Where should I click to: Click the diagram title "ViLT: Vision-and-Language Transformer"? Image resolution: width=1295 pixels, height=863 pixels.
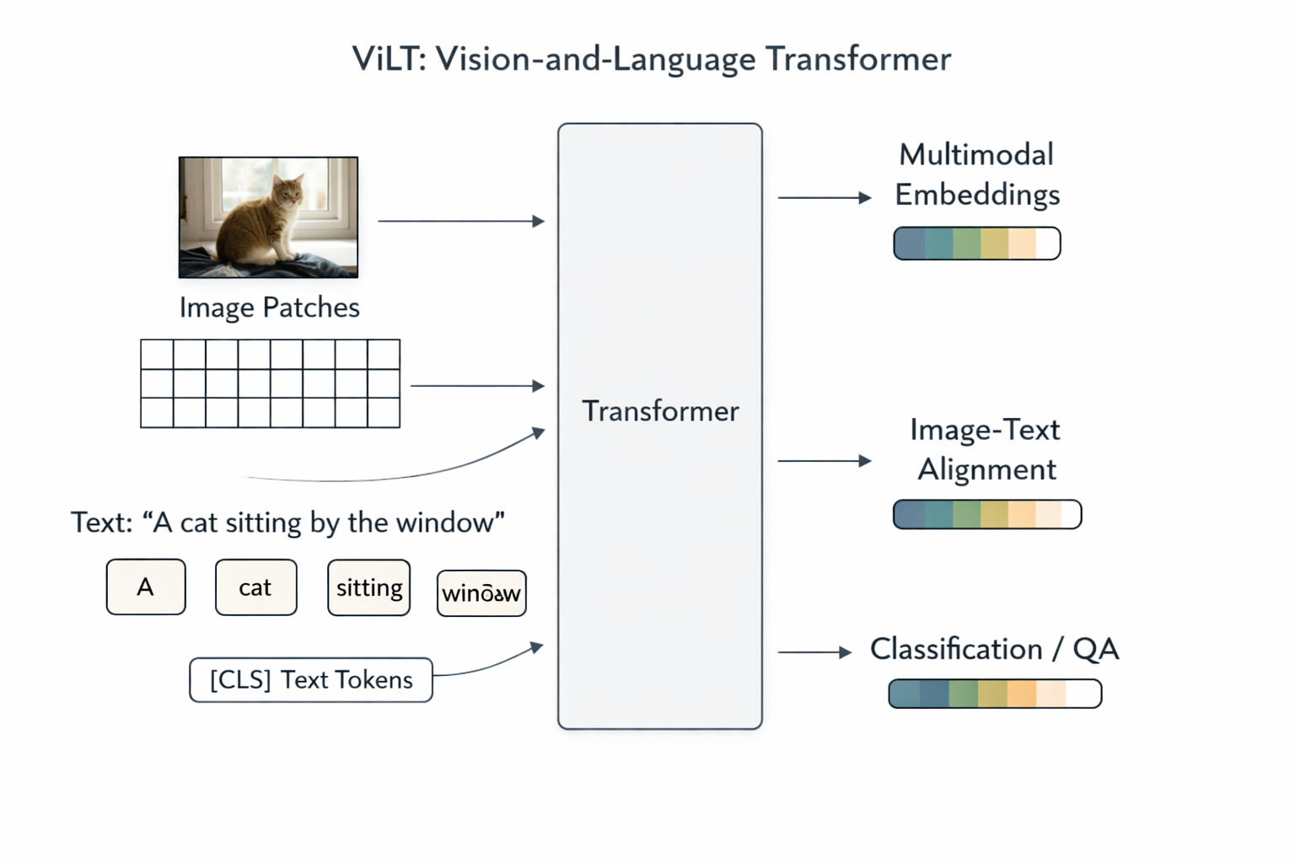point(651,59)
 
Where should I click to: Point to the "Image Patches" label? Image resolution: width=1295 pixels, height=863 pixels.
point(269,308)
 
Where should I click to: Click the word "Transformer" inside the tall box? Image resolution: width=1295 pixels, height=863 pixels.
point(660,411)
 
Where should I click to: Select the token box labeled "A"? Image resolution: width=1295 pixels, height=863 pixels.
point(146,587)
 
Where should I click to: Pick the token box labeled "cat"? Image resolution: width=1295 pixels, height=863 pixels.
point(255,587)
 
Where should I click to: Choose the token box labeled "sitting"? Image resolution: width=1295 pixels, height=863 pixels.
point(368,587)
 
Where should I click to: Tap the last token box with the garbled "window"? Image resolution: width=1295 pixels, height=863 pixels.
point(481,593)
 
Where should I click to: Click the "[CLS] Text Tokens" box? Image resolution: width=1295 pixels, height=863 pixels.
point(311,680)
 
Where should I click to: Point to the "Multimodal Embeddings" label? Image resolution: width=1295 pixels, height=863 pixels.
point(976,174)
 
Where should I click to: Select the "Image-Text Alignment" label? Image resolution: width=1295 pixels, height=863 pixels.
point(986,449)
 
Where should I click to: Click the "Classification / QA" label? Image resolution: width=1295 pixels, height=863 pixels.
point(994,649)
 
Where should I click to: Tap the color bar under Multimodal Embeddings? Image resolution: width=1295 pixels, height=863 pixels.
point(976,244)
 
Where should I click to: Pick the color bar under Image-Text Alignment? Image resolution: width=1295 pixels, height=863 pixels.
point(986,514)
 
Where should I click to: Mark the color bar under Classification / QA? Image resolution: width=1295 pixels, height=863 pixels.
point(995,694)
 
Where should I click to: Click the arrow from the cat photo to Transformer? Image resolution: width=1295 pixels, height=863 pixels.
point(461,221)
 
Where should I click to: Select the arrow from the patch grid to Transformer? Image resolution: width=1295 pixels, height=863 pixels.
point(477,386)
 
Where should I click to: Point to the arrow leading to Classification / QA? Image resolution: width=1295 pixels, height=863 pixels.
point(814,652)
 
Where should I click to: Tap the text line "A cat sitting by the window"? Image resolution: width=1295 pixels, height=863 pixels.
point(287,523)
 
